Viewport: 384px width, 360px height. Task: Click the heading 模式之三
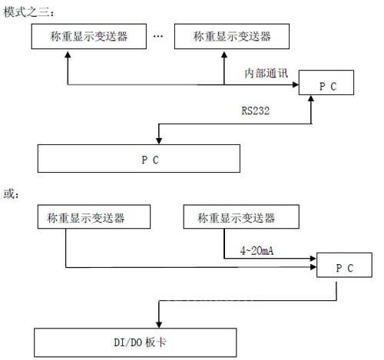(28, 12)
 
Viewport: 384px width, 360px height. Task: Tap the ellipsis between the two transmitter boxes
(158, 36)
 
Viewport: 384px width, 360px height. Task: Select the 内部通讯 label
(266, 73)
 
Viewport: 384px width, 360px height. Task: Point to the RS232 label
(256, 111)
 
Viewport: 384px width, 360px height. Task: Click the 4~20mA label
(257, 251)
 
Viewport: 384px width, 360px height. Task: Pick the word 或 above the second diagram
(11, 193)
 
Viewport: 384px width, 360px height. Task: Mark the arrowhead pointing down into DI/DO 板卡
(159, 325)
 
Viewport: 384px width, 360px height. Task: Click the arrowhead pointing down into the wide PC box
(159, 141)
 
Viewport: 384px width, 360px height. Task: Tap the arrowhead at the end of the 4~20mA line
(313, 259)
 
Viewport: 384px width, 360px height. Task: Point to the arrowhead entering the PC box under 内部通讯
(296, 84)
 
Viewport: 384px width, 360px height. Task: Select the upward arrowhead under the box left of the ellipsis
(68, 54)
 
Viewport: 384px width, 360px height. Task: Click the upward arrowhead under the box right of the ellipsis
(224, 54)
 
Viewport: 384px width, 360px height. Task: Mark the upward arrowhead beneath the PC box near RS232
(311, 98)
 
